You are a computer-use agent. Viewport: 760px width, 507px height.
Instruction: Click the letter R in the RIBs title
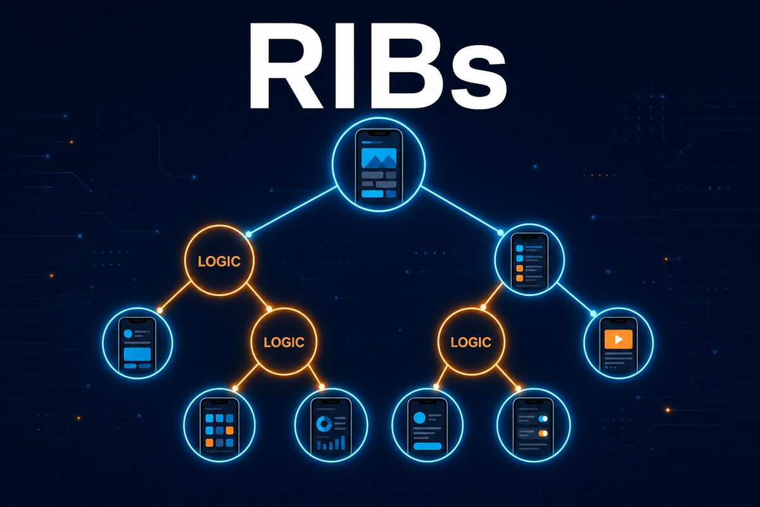click(x=288, y=66)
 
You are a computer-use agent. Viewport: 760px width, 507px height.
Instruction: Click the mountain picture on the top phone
click(x=379, y=158)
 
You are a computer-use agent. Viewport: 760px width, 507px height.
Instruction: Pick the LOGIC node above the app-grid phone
click(x=284, y=342)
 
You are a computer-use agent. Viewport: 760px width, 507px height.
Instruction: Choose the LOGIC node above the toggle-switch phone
click(x=471, y=342)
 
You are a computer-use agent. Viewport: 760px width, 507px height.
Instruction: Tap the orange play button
click(x=619, y=339)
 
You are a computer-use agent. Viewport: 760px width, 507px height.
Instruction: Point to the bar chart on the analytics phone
click(x=331, y=443)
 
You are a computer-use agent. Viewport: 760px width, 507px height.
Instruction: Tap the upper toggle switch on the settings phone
click(x=543, y=418)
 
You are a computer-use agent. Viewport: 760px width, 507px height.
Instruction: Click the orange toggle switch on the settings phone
click(x=543, y=433)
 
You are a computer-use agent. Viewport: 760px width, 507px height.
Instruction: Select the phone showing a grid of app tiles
click(x=219, y=425)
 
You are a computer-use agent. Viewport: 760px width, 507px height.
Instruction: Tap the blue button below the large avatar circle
click(x=427, y=446)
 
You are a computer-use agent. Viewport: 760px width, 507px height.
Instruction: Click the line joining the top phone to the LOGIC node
click(x=292, y=210)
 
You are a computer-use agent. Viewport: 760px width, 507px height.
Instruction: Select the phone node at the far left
click(x=137, y=343)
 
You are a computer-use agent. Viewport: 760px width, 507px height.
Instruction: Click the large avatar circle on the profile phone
click(x=419, y=418)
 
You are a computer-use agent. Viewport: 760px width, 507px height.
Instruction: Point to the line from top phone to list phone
click(x=461, y=209)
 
